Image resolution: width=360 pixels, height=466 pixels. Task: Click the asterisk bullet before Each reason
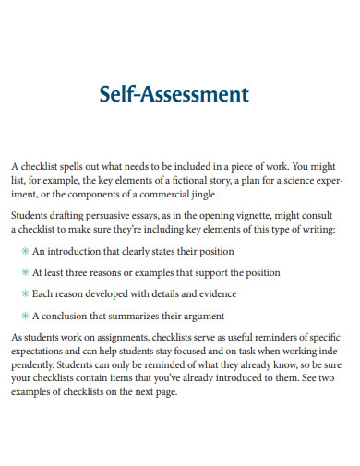24,293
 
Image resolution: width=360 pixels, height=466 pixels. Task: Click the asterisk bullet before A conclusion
24,316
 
